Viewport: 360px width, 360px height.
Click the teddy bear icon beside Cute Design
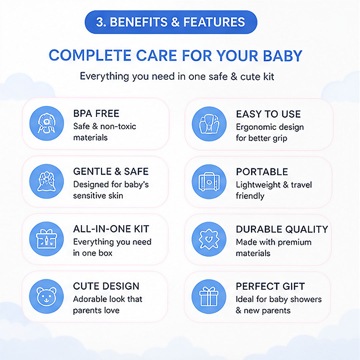[x=47, y=296]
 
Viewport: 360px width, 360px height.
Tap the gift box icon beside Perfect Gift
[x=209, y=296]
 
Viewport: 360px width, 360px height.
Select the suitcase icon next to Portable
[x=209, y=182]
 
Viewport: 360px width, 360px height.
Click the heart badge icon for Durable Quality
[x=209, y=239]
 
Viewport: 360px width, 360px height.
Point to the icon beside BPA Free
[x=47, y=124]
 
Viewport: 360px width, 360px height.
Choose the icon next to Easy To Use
[x=209, y=124]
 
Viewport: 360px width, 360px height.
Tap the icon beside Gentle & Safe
[x=47, y=181]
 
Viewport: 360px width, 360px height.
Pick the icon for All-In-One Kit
[x=47, y=239]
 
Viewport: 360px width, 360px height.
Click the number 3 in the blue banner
[x=100, y=22]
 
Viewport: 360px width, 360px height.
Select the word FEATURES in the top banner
[x=214, y=22]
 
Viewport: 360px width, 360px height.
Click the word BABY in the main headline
[x=282, y=56]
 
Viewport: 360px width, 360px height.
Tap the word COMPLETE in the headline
[x=90, y=56]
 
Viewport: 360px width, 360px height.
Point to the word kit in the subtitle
[x=269, y=76]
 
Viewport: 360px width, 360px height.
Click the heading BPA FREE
[x=96, y=113]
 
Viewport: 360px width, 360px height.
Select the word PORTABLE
[x=262, y=172]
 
